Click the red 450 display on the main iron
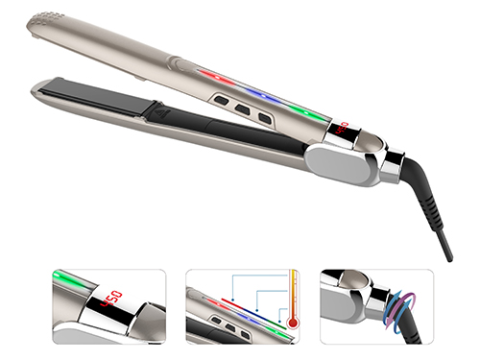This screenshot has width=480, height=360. tap(342, 128)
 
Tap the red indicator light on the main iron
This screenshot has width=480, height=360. tap(217, 78)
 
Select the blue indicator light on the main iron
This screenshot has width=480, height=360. tap(263, 96)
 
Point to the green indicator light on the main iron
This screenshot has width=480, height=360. tap(306, 112)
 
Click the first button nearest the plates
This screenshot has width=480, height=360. tap(222, 100)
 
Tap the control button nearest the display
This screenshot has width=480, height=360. tap(265, 118)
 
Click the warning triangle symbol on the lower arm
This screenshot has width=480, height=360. tap(163, 113)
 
